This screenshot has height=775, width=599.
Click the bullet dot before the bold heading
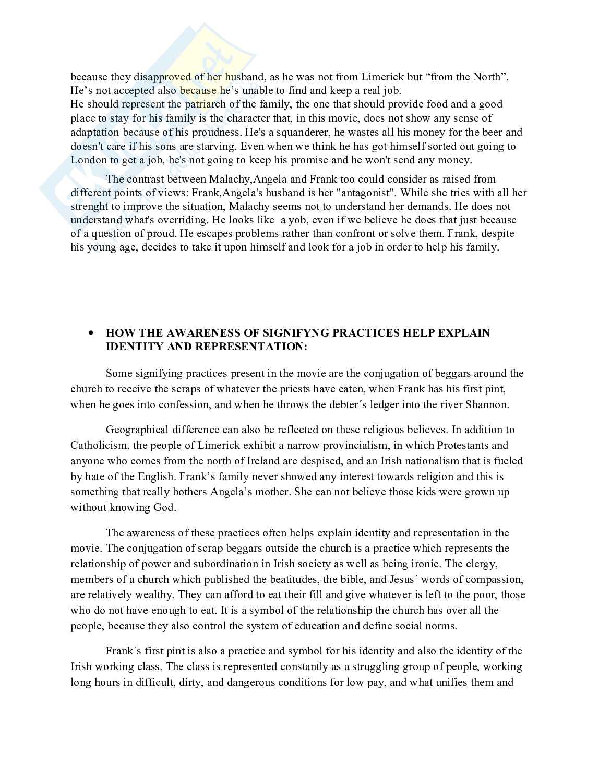tap(92, 333)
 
